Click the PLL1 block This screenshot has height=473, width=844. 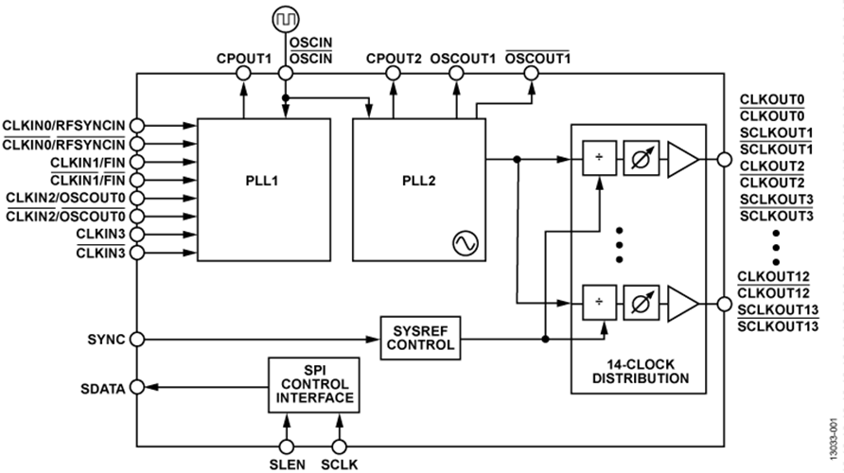point(257,190)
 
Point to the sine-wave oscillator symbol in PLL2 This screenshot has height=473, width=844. point(465,243)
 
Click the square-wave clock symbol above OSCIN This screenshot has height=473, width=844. point(285,18)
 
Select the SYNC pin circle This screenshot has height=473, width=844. point(138,339)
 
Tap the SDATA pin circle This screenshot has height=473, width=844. point(138,386)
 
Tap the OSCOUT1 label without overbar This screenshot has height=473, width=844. point(463,58)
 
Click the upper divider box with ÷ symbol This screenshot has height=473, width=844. point(597,160)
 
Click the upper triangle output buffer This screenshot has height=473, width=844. point(682,160)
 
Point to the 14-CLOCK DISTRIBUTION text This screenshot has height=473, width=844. point(640,372)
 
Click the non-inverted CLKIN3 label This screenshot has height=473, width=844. point(98,234)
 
